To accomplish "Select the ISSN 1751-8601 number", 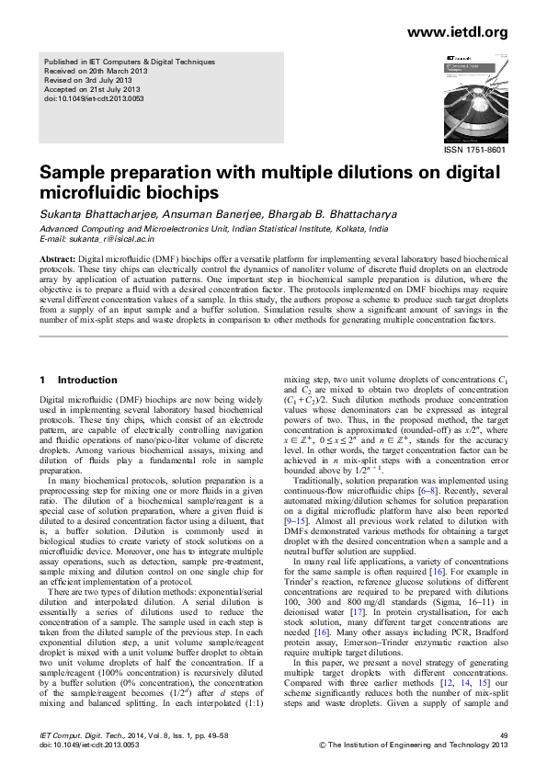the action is (x=474, y=149).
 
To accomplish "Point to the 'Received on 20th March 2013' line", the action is (x=98, y=71).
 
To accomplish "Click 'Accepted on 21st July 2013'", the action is (x=96, y=88).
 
